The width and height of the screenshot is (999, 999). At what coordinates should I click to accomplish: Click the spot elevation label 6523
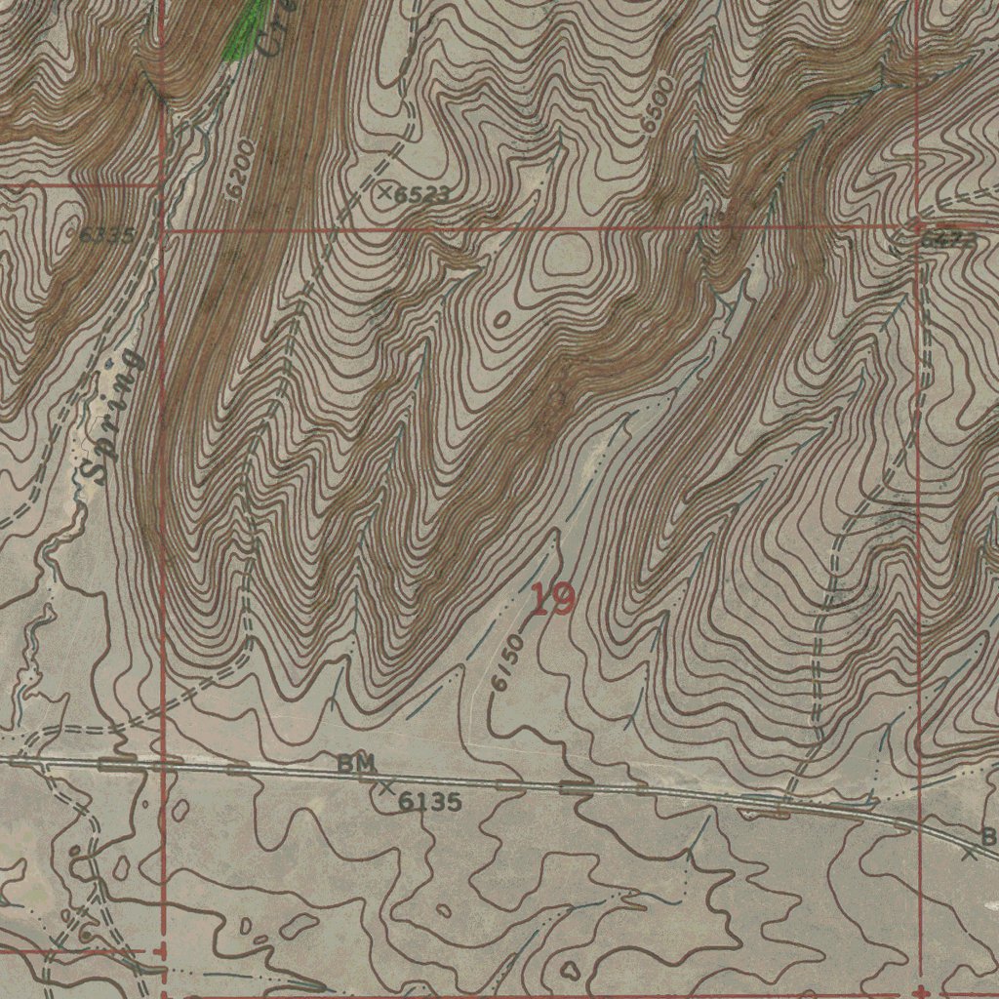tap(422, 195)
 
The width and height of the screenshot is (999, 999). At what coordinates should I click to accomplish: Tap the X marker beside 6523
tap(385, 192)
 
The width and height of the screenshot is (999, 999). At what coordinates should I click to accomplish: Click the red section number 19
tap(553, 599)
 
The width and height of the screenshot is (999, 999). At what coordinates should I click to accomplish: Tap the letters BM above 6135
tap(356, 764)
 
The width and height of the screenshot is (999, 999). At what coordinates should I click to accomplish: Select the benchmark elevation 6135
tap(430, 802)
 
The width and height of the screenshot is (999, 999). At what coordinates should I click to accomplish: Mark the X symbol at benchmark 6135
tap(387, 786)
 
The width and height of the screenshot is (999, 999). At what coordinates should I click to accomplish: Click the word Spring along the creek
tap(111, 416)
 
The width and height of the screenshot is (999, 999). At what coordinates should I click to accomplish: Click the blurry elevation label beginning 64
tap(945, 240)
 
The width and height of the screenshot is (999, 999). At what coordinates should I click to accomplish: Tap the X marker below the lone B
tap(969, 855)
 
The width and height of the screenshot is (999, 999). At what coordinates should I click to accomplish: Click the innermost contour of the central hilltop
tap(568, 256)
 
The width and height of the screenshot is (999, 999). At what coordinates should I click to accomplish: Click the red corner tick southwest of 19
tap(161, 949)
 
